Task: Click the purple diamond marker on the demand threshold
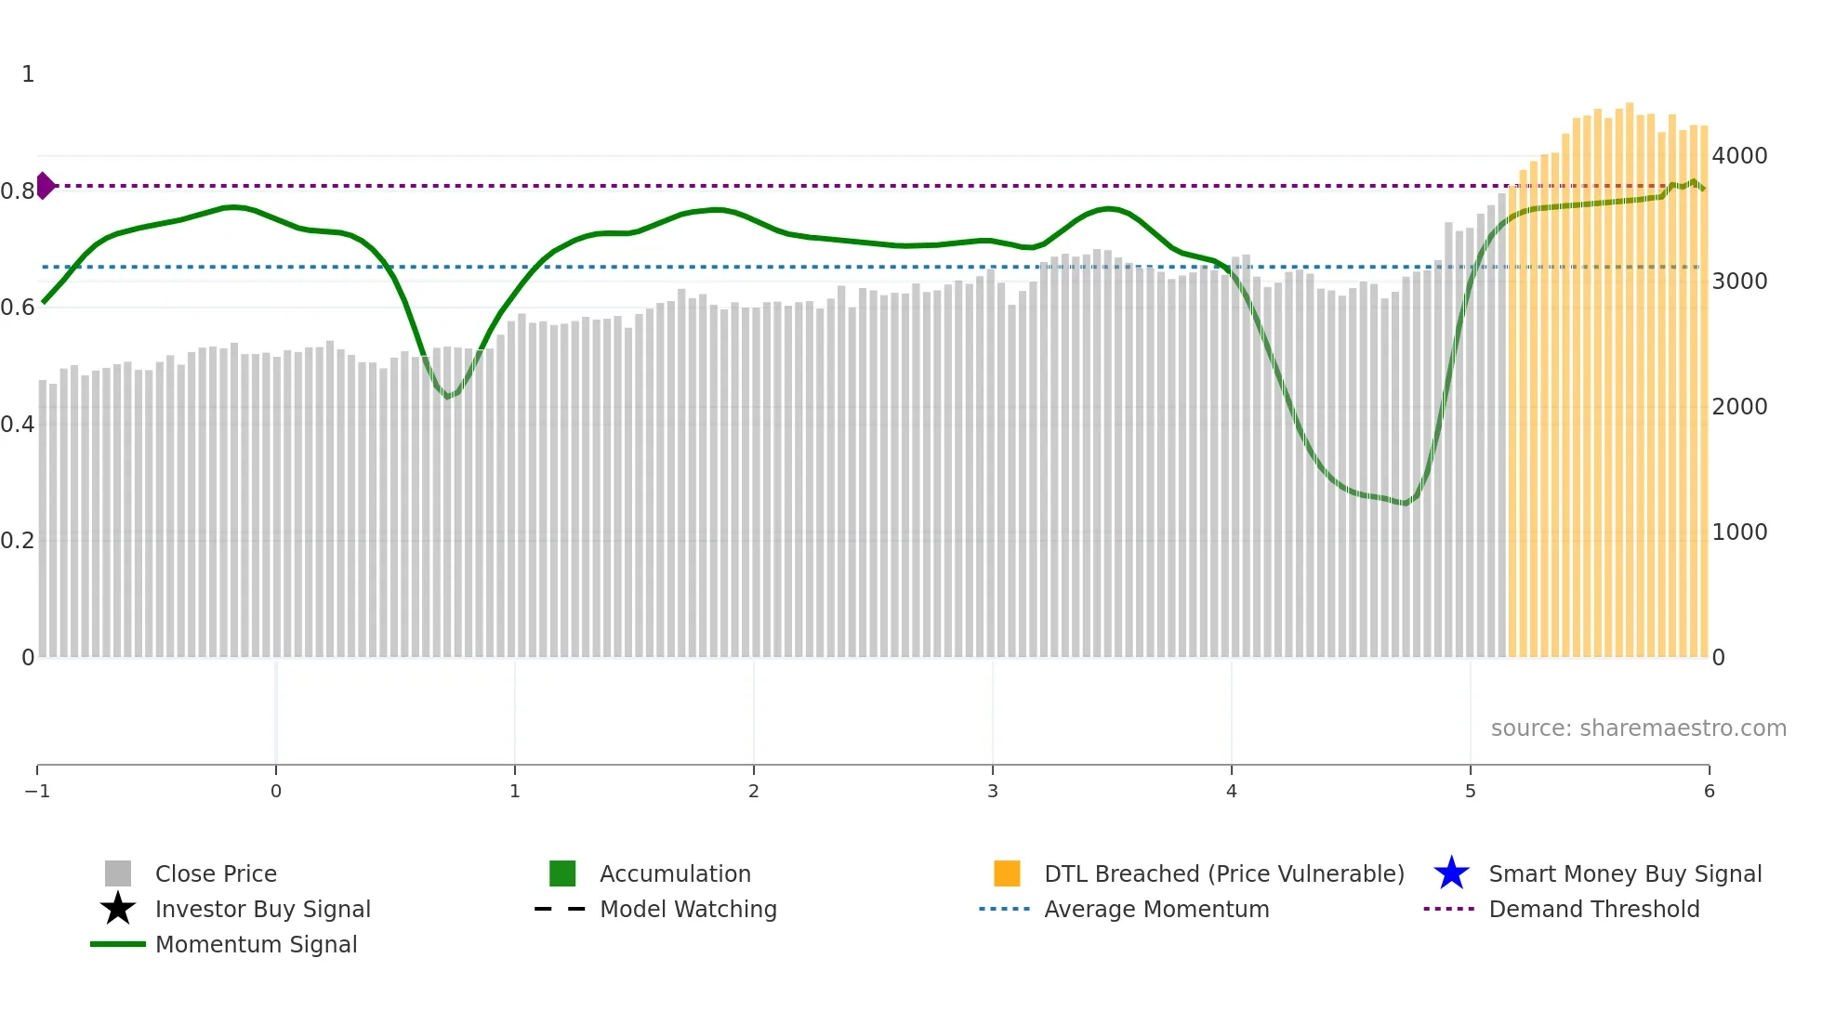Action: [x=45, y=186]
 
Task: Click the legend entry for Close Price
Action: [x=216, y=873]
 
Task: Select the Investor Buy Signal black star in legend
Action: [x=118, y=909]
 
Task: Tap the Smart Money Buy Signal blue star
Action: [x=1451, y=873]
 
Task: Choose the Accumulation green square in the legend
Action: [x=562, y=873]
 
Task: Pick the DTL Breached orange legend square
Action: [x=1007, y=873]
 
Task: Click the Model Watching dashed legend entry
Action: [x=688, y=909]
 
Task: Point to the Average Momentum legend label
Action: [x=1156, y=909]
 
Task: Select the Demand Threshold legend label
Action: [x=1593, y=909]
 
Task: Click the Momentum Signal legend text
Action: [x=256, y=944]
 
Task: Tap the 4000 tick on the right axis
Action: [x=1739, y=156]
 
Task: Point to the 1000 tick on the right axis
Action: [x=1739, y=532]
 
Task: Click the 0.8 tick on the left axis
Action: [x=18, y=191]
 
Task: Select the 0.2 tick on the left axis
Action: [x=18, y=541]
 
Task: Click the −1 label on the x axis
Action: [x=37, y=791]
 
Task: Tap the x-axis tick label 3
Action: [x=993, y=791]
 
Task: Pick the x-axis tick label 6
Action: [x=1709, y=791]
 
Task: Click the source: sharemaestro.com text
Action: [x=1638, y=728]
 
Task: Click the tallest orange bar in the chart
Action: [x=1630, y=372]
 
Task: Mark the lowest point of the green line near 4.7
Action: [x=1406, y=504]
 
